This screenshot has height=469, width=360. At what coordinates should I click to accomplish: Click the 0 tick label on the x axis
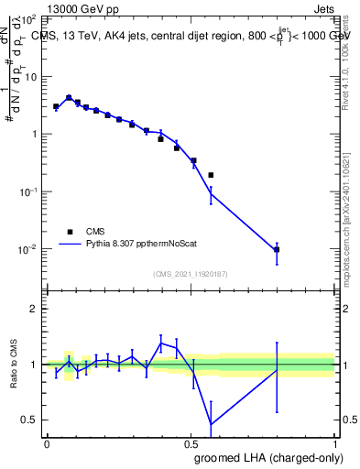(x=47, y=443)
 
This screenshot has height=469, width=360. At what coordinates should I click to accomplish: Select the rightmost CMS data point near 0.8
(x=277, y=249)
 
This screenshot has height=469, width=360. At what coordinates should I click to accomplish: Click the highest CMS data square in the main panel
(x=69, y=98)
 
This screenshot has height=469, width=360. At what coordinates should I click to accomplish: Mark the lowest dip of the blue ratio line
(x=212, y=424)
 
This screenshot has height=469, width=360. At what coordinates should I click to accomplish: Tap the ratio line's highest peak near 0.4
(x=161, y=343)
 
